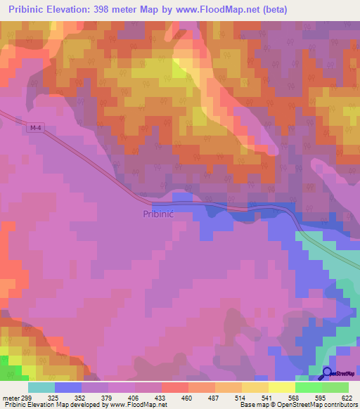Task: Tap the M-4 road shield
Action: tap(37, 127)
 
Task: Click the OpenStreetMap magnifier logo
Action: tap(327, 373)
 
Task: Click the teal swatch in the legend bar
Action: tap(41, 387)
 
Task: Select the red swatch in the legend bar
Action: tap(175, 387)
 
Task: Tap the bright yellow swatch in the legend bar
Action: tap(282, 387)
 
